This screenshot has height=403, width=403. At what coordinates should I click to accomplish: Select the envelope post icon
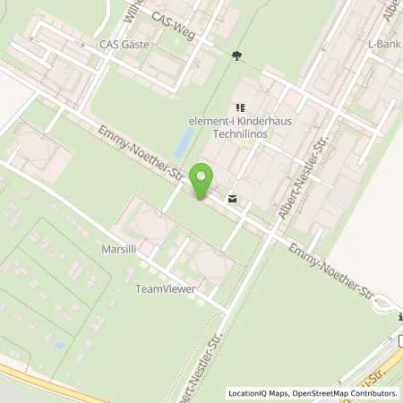(x=233, y=199)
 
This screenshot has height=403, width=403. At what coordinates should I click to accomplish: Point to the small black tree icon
(x=236, y=56)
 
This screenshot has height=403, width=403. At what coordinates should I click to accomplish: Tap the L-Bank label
(x=382, y=43)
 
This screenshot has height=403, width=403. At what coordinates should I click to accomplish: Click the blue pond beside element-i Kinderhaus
(x=184, y=141)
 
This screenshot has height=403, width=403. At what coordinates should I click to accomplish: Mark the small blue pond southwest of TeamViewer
(x=59, y=344)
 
